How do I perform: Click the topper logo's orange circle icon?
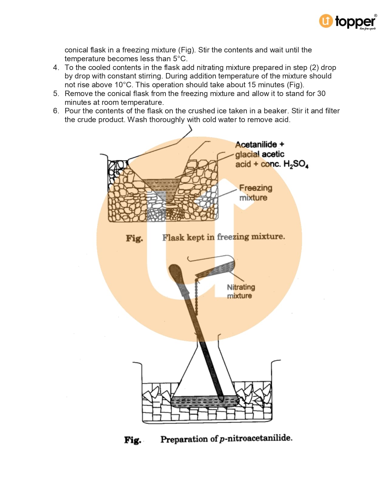(326, 21)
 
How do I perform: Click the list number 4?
(56, 68)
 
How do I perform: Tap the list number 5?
(56, 94)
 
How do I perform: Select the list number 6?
(56, 111)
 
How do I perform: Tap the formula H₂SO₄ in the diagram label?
(296, 165)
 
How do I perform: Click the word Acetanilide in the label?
(256, 145)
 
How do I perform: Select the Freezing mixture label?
(255, 193)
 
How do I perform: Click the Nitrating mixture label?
(241, 291)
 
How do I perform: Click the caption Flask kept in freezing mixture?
(223, 237)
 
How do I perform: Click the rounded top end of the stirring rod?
(174, 269)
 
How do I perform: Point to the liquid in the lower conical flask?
(203, 402)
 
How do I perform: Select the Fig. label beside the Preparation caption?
(133, 440)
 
